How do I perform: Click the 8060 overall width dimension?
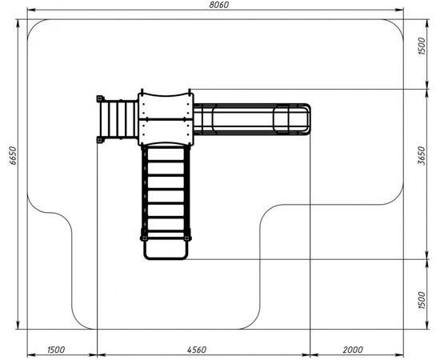(219, 5)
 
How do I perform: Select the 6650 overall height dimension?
(13, 155)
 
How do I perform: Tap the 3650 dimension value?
(421, 155)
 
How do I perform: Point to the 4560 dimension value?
(197, 350)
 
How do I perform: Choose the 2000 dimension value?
(353, 350)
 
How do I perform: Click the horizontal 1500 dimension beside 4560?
(56, 350)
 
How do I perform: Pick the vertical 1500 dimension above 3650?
(422, 46)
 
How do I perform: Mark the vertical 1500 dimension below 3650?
(422, 300)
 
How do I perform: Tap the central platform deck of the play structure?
(166, 119)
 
